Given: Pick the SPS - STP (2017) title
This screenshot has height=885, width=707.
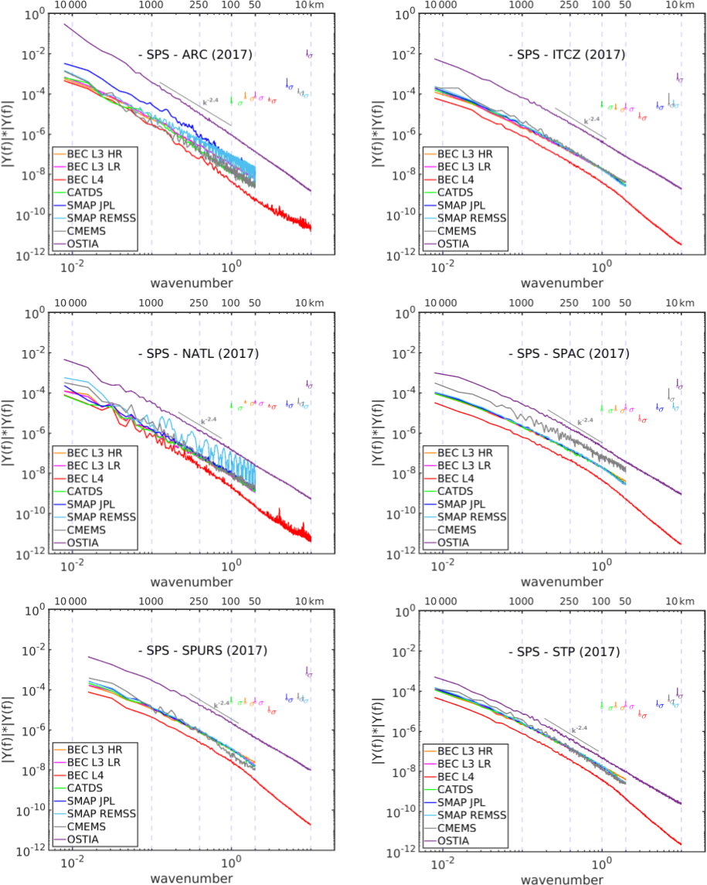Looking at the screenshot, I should point(563,652).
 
